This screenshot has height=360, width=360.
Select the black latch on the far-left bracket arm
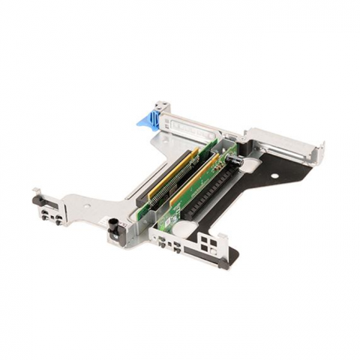[x=37, y=199]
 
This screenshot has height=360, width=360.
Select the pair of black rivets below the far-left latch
[x=52, y=217]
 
